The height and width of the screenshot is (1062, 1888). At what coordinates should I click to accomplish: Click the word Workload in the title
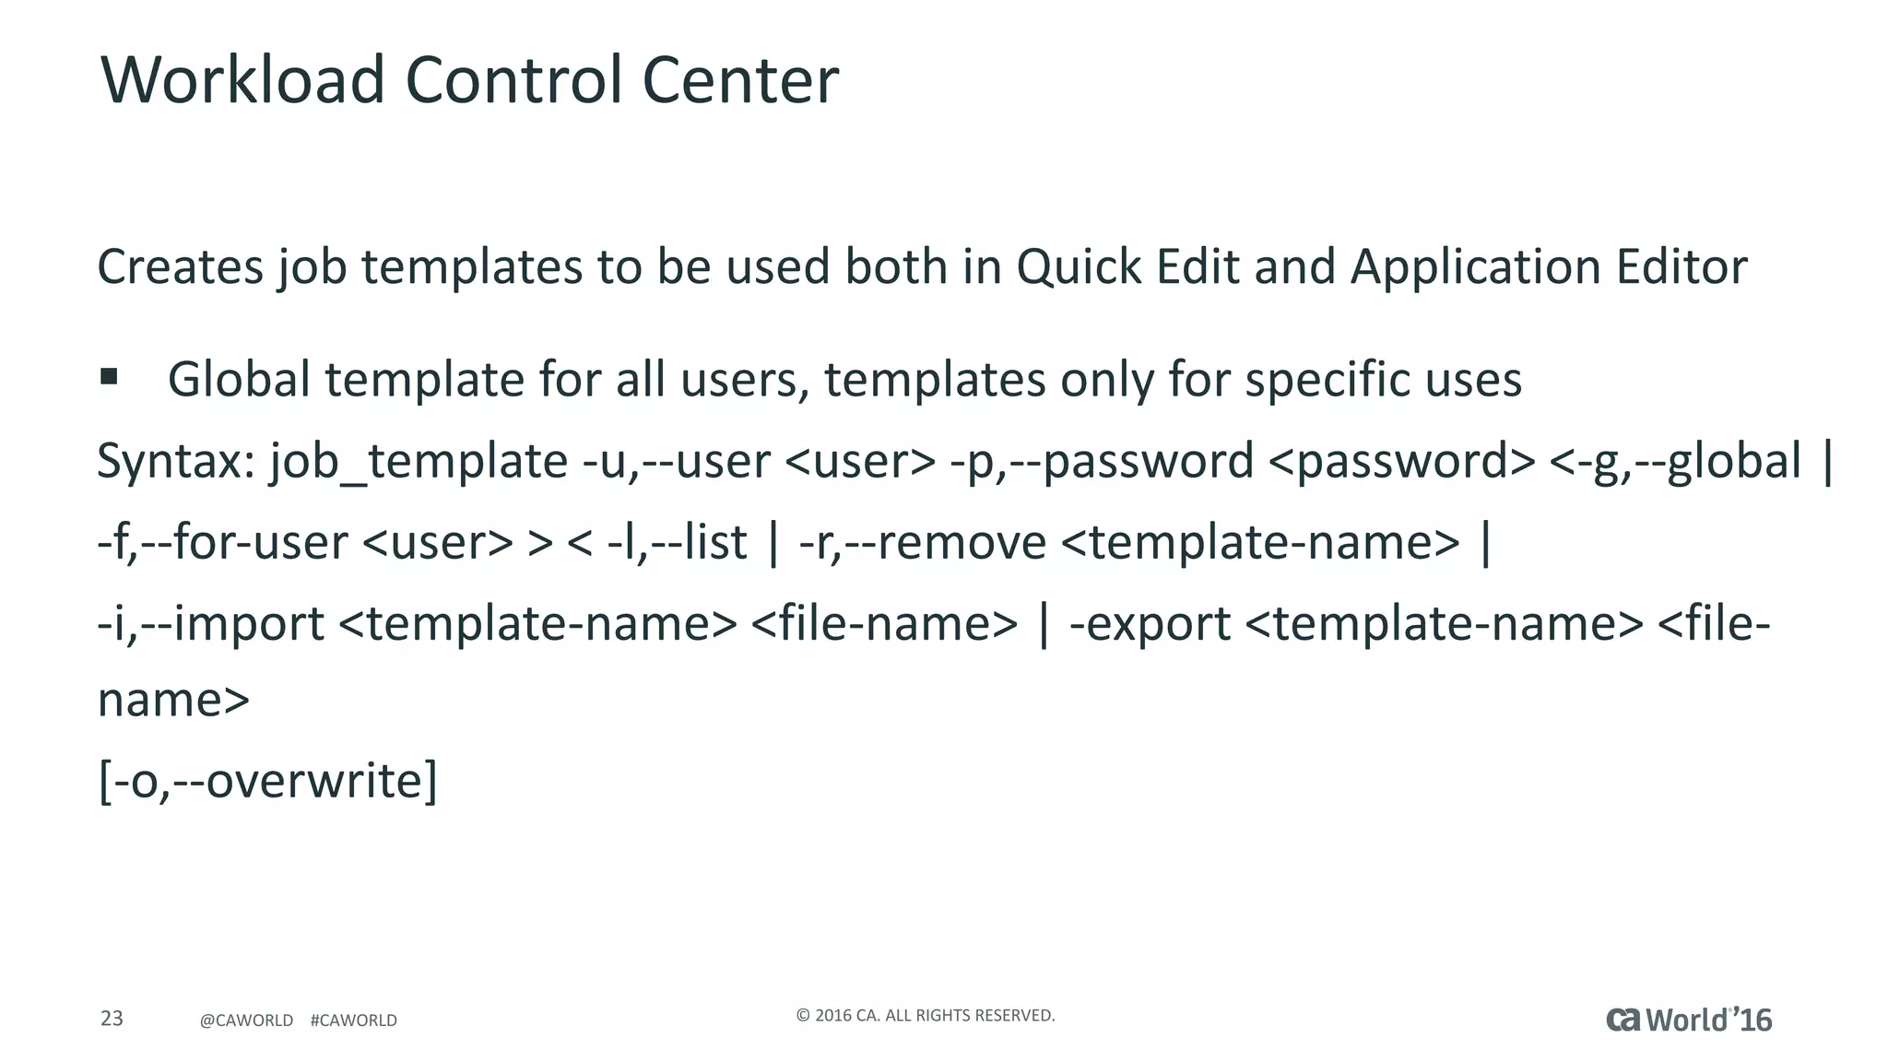(x=242, y=80)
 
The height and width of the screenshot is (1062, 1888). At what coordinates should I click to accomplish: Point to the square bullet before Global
(x=109, y=376)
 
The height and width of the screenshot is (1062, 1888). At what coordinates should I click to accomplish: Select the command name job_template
(x=419, y=461)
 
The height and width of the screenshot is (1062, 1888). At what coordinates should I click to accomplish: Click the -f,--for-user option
(x=222, y=542)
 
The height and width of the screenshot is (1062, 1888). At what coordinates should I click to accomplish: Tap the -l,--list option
(x=677, y=542)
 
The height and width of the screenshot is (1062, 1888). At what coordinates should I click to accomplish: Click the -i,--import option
(x=211, y=624)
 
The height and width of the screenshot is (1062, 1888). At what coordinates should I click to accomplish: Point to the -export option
(x=1150, y=624)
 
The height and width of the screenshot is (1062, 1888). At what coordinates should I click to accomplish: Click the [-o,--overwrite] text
(x=267, y=782)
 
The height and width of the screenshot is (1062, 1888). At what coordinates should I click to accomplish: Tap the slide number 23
(x=112, y=1019)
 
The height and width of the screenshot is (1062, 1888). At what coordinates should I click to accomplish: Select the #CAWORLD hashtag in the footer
(x=354, y=1021)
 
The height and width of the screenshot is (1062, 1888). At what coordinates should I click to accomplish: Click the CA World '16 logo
(x=1689, y=1020)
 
